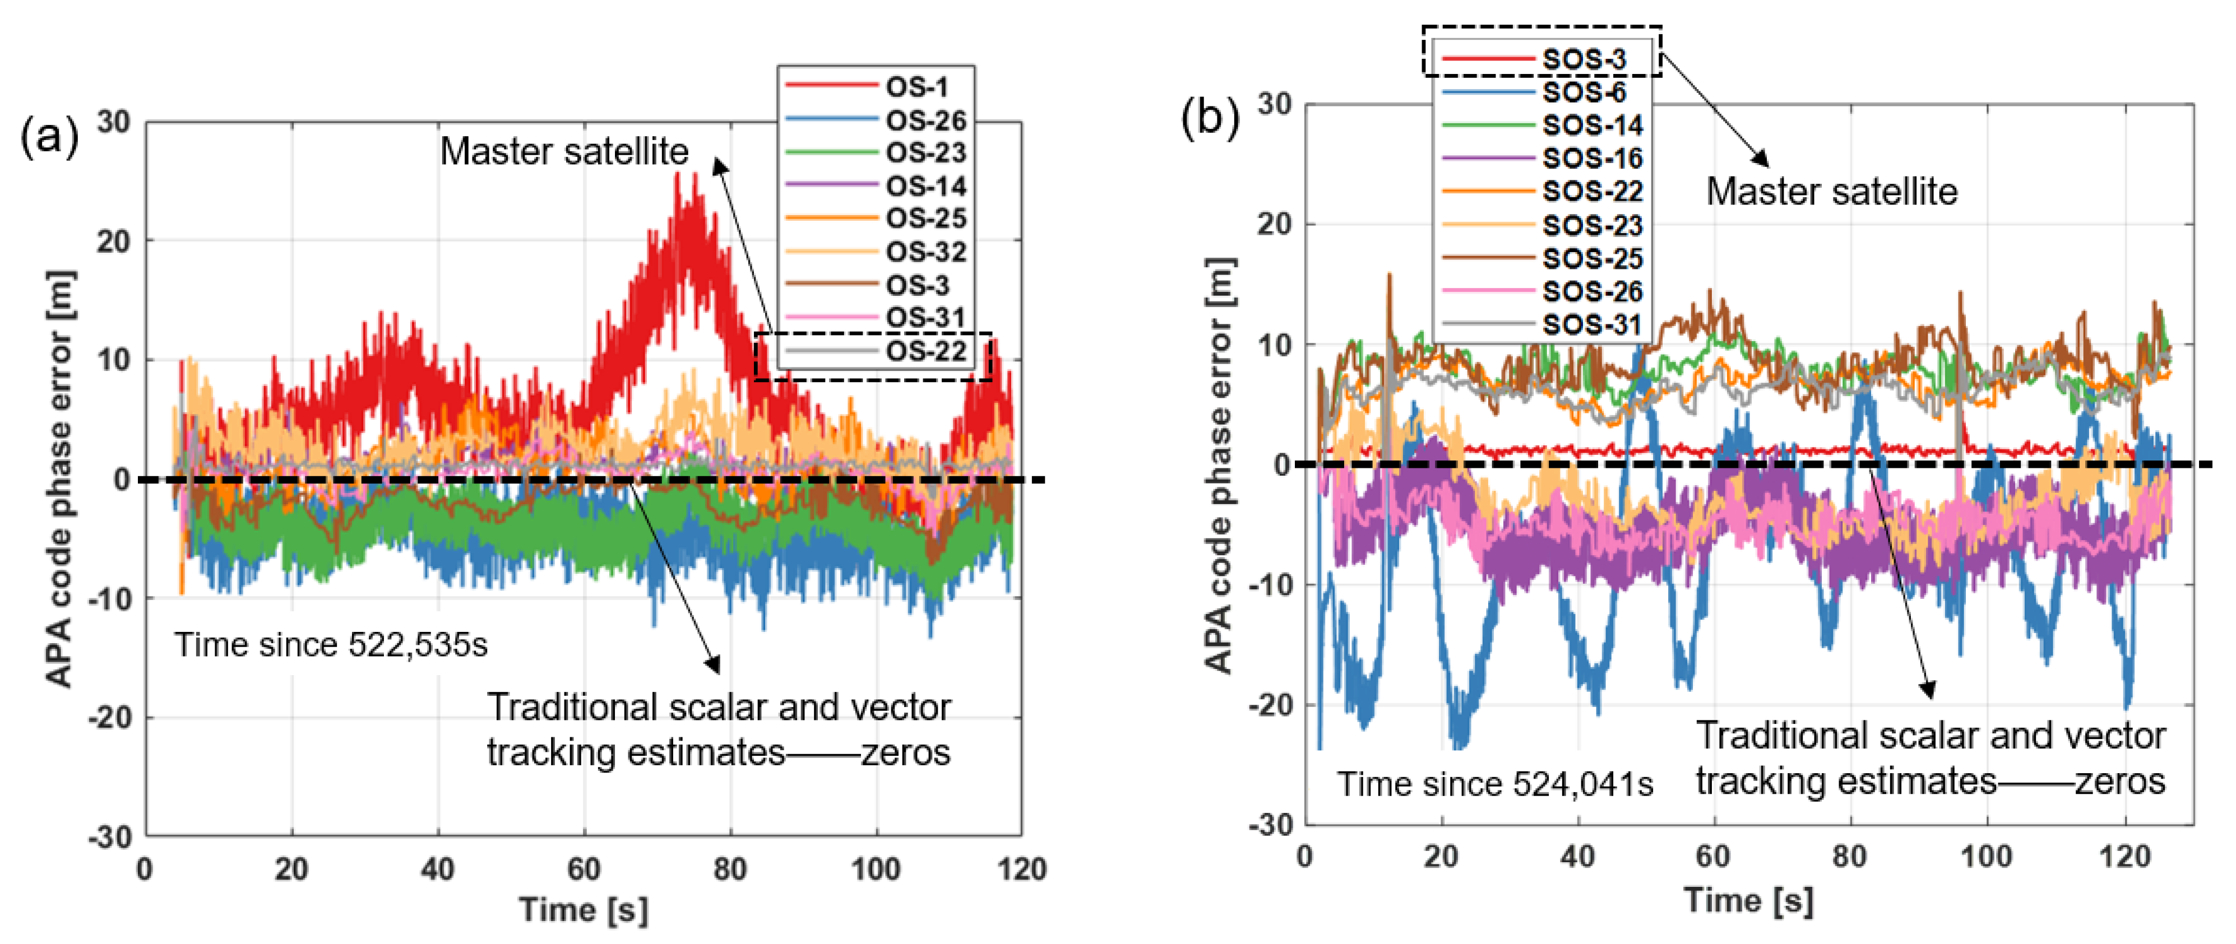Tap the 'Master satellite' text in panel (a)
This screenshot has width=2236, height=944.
[x=564, y=152]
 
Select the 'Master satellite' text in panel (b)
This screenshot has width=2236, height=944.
[x=1831, y=192]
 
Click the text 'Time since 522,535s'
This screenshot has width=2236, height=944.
[x=331, y=645]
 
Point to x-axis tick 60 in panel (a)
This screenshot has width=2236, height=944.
[x=584, y=868]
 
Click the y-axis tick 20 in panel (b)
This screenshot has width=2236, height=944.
[x=1274, y=224]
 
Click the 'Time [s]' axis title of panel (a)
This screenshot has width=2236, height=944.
[x=584, y=910]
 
